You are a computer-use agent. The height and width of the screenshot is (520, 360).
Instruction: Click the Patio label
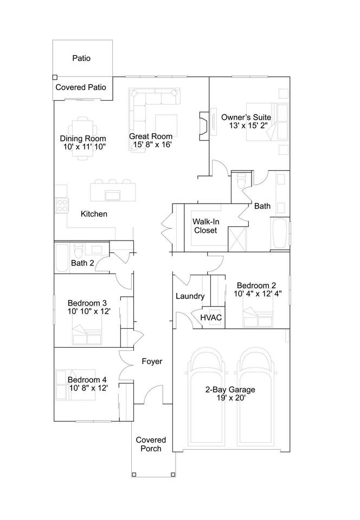click(x=81, y=58)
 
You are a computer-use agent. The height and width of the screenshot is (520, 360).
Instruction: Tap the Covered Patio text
click(x=81, y=87)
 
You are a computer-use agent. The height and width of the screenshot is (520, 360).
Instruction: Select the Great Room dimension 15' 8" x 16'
click(x=152, y=145)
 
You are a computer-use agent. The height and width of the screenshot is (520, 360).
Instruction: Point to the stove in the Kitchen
click(x=62, y=205)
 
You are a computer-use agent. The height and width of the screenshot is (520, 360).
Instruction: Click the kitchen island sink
click(x=113, y=196)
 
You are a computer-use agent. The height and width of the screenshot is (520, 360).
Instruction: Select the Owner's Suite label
click(x=246, y=118)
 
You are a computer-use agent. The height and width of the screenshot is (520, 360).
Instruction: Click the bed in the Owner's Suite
click(x=267, y=122)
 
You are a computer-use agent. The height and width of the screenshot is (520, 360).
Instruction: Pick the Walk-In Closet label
click(x=205, y=226)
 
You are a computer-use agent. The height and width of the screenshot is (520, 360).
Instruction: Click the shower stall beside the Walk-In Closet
click(x=237, y=239)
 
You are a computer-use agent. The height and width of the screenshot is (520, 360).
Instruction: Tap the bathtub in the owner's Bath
click(x=279, y=233)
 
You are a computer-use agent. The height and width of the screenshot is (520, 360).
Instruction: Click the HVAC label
click(x=211, y=318)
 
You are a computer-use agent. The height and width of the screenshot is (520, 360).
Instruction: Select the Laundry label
click(x=190, y=296)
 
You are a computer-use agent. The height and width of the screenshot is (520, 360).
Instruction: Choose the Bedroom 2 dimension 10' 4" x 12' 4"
click(x=258, y=294)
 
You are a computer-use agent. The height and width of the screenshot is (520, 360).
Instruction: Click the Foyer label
click(x=152, y=361)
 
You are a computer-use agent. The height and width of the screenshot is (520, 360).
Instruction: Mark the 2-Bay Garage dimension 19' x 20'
click(x=231, y=398)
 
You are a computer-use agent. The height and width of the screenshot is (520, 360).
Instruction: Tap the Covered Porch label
click(x=151, y=444)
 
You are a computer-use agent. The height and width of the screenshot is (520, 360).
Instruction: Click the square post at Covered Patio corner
click(x=55, y=77)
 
